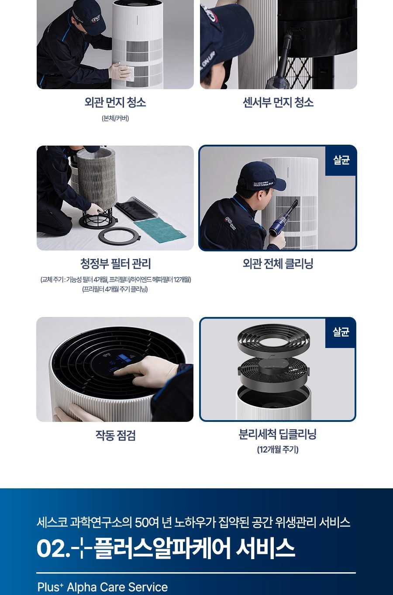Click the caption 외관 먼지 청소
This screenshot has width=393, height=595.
click(x=115, y=102)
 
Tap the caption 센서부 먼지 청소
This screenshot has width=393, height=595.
click(x=278, y=102)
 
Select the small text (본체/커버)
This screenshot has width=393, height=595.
click(x=115, y=118)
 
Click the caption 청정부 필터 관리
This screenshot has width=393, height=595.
click(x=115, y=264)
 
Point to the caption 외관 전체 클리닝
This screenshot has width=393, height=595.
click(x=278, y=264)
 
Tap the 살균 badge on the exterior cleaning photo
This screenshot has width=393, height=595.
click(x=341, y=160)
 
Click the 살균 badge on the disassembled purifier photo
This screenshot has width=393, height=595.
click(x=341, y=332)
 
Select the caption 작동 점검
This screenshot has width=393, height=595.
click(x=115, y=435)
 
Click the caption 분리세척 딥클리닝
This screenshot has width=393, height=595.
click(x=278, y=435)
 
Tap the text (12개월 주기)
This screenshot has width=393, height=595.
click(x=278, y=450)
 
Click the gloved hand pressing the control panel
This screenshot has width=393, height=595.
click(x=148, y=370)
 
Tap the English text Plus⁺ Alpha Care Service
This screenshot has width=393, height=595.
click(x=103, y=587)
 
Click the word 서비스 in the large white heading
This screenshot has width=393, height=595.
click(x=265, y=548)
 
